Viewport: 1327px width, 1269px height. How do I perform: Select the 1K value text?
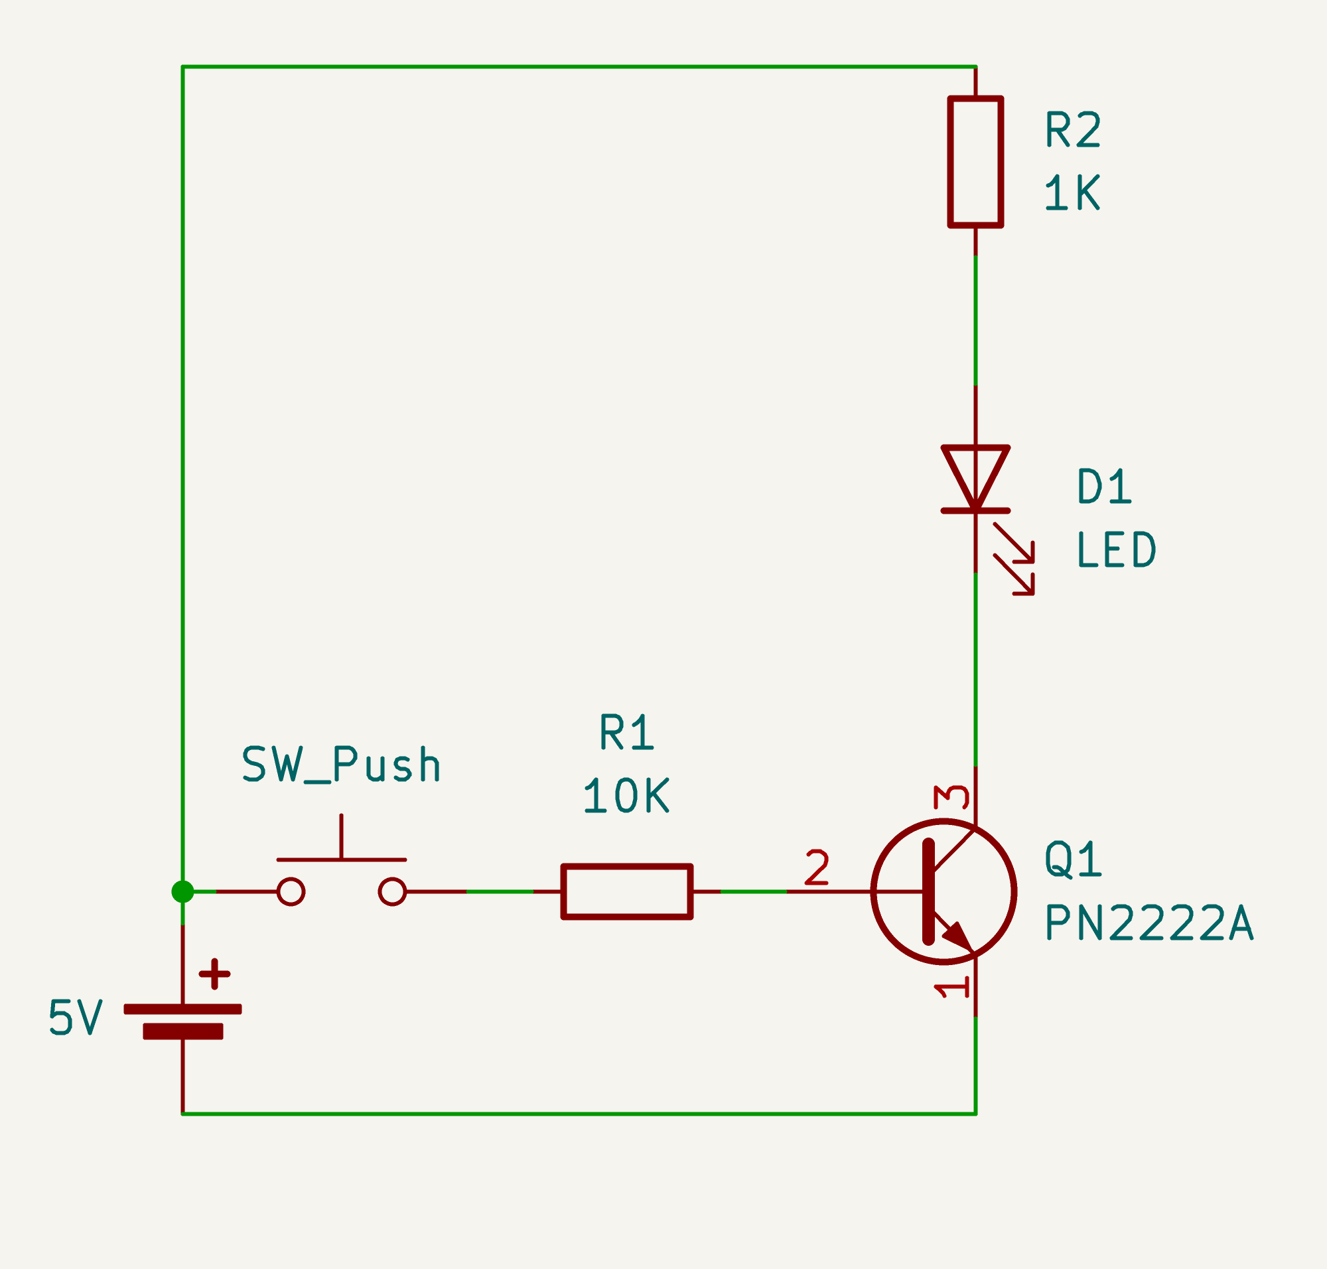(1073, 192)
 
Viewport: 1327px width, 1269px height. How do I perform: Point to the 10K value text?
(626, 796)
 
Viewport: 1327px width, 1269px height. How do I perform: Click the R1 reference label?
(627, 732)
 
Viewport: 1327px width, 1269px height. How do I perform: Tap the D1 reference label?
(1105, 486)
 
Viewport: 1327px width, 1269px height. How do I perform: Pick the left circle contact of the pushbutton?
(291, 891)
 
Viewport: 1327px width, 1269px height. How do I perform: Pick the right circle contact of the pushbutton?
(392, 891)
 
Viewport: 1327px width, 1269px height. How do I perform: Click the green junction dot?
(182, 891)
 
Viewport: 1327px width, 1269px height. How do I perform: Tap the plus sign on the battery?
(214, 974)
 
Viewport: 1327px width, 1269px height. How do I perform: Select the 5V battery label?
(76, 1017)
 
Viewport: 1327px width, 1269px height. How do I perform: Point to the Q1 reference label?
(1074, 859)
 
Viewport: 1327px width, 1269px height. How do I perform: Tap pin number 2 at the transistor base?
(817, 868)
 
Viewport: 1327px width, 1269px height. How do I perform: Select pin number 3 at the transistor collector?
(951, 797)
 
